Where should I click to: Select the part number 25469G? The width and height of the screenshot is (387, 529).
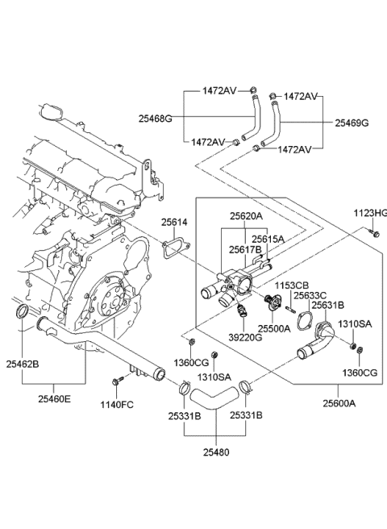352,123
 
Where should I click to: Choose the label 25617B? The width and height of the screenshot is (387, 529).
246,250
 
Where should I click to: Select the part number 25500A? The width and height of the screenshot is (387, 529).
274,329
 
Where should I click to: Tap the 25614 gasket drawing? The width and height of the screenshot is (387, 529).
172,248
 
